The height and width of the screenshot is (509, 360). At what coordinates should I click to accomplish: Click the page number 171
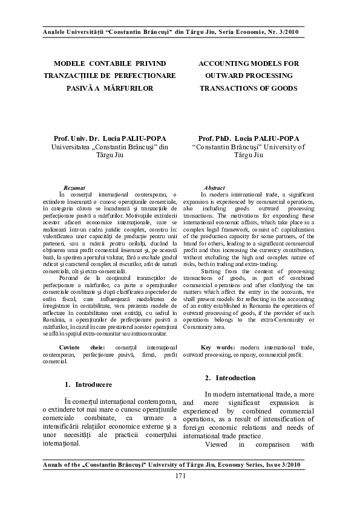pos(180,477)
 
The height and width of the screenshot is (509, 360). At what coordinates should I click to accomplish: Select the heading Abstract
pos(215,189)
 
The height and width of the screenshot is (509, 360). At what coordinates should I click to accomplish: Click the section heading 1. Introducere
pos(88,384)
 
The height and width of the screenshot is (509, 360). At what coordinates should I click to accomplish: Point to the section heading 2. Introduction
pos(231,378)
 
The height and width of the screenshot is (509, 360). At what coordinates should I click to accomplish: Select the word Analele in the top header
pos(51,31)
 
